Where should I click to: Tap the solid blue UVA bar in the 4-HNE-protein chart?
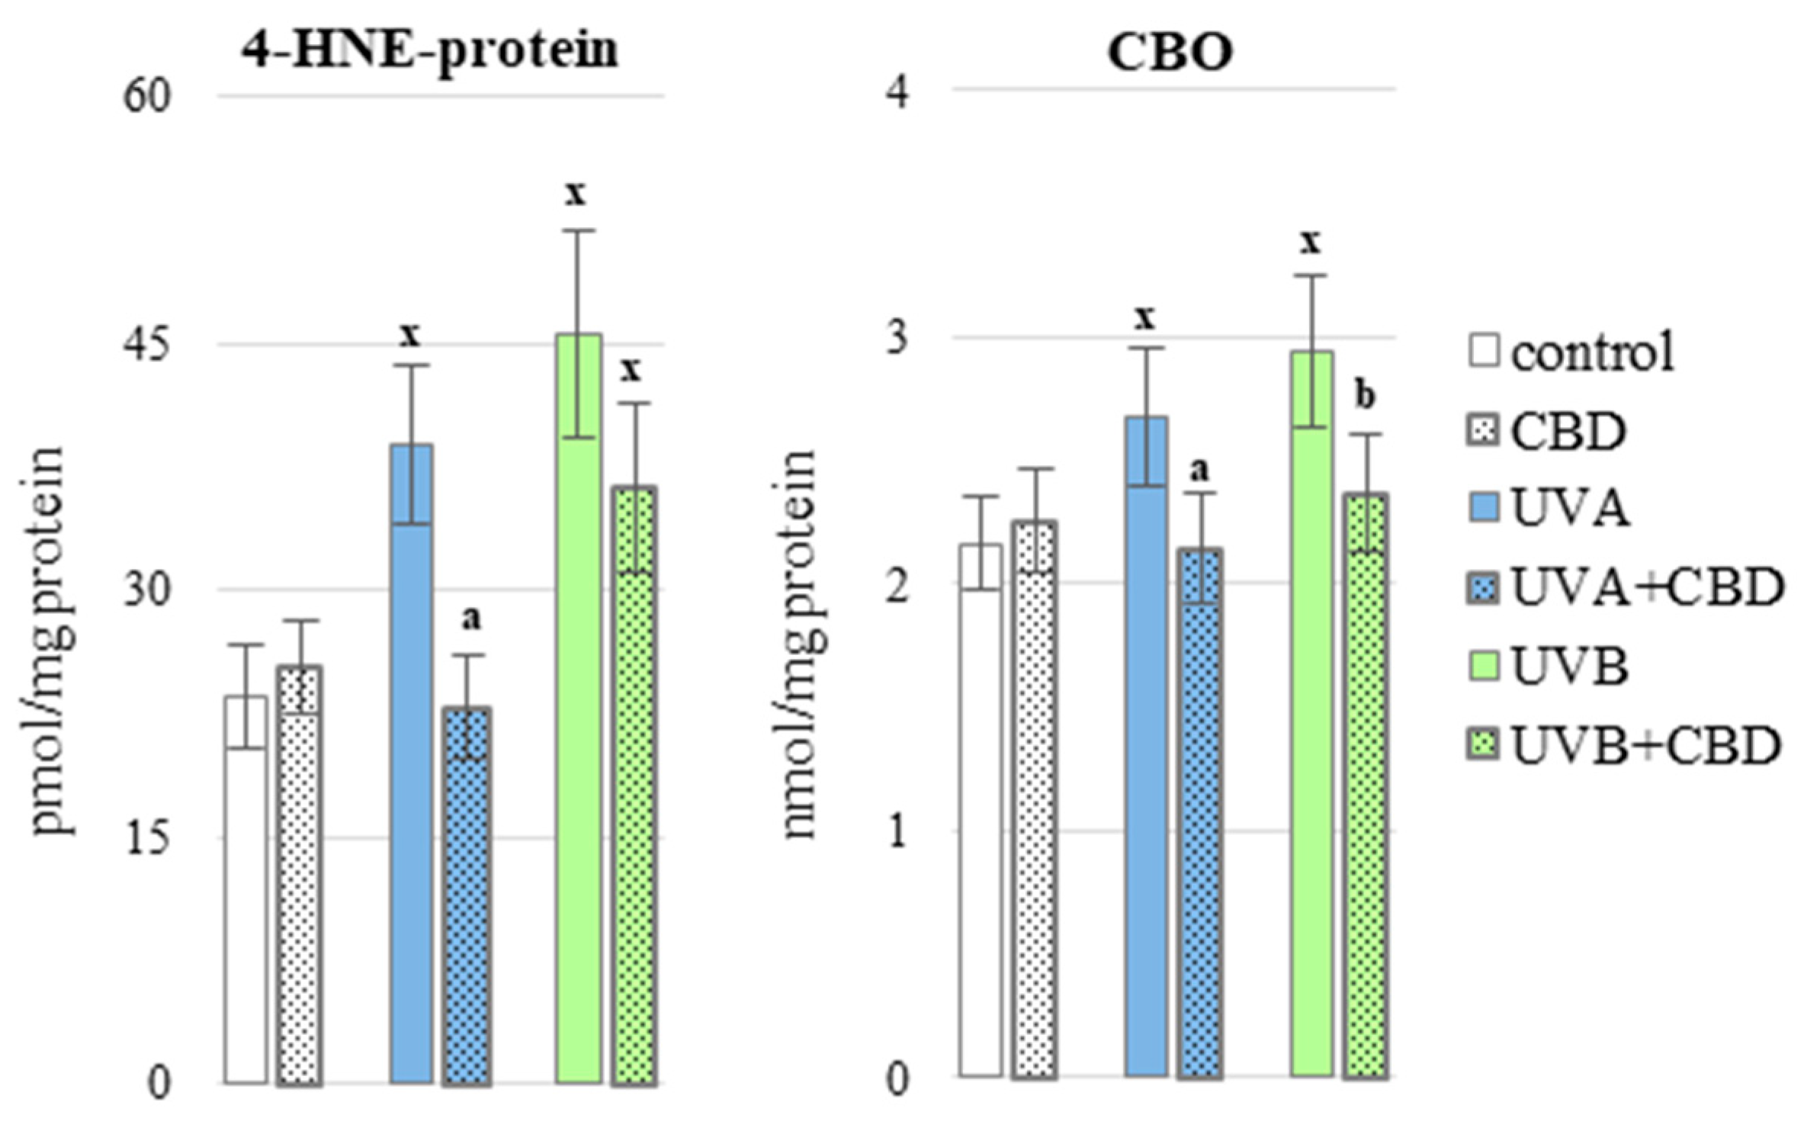412,763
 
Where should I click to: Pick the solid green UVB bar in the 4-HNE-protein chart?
579,709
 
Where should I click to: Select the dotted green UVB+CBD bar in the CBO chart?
1366,786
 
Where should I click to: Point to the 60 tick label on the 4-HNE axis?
147,98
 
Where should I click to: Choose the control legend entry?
1571,352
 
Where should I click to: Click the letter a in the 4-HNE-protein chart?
472,619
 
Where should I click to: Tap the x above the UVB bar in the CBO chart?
1310,243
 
